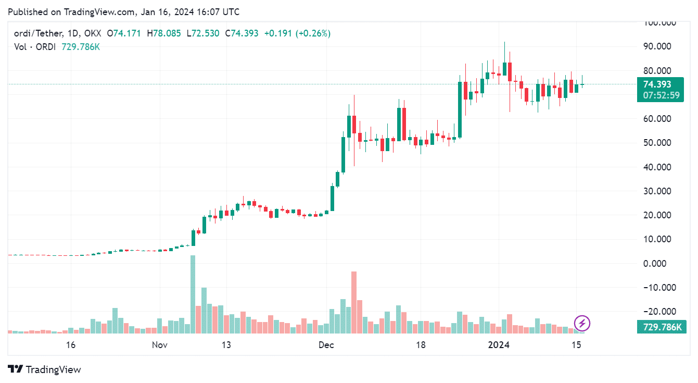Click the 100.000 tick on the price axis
pyautogui.click(x=659, y=23)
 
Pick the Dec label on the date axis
pyautogui.click(x=326, y=345)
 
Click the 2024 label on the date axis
pyautogui.click(x=499, y=345)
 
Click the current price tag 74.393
pyautogui.click(x=657, y=84)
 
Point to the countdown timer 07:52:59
pyautogui.click(x=661, y=95)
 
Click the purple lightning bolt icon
pyautogui.click(x=582, y=324)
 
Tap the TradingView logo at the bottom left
pyautogui.click(x=45, y=369)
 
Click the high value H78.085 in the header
pyautogui.click(x=164, y=33)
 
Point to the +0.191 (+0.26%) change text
pyautogui.click(x=297, y=33)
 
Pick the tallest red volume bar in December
pyautogui.click(x=354, y=302)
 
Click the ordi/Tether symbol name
pyautogui.click(x=38, y=33)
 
